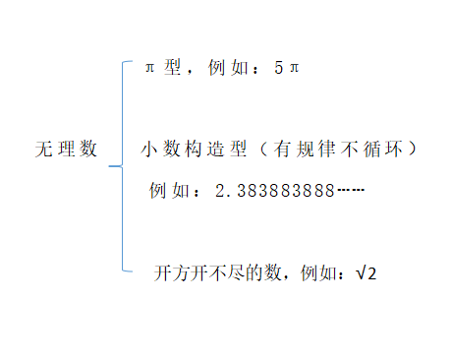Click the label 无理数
[66, 150]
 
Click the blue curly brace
[123, 164]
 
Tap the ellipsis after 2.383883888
[351, 189]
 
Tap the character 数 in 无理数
[89, 150]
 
